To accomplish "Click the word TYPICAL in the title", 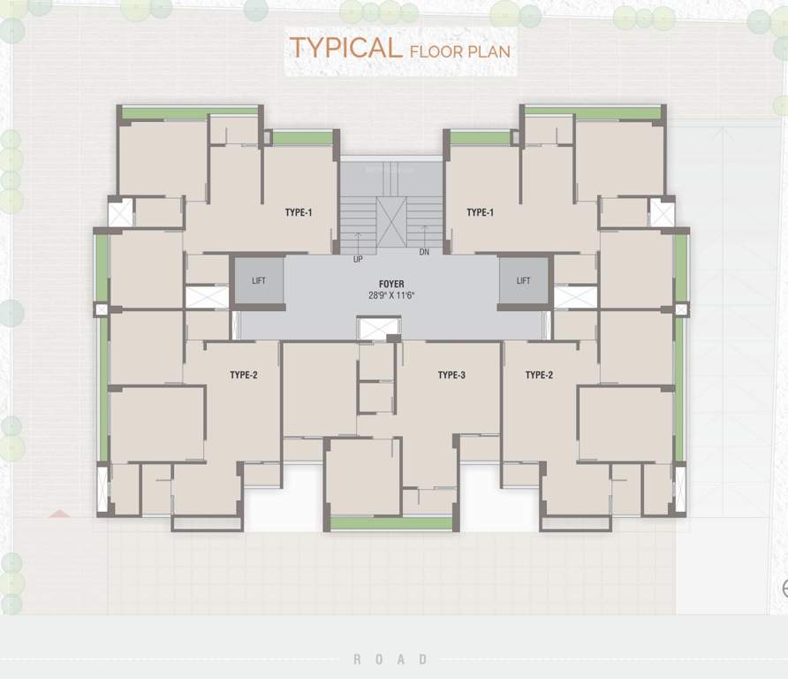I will pos(345,48).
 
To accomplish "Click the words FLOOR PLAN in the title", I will pos(459,51).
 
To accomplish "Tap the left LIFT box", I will pos(258,280).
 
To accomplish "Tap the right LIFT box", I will pos(524,280).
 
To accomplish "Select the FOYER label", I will pos(391,284).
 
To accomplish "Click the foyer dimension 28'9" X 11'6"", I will pos(391,295).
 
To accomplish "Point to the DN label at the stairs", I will pos(424,252).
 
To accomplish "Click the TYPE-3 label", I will pos(451,375).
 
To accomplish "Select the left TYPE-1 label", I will pos(299,212).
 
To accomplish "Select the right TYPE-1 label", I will pos(480,212).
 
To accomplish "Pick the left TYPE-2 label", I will pos(243,375).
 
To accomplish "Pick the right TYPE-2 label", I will pos(539,375).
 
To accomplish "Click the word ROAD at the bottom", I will pos(390,660).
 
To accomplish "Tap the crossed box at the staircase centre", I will pos(390,221).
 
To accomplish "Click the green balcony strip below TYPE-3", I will pos(390,523).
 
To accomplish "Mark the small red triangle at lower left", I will pos(60,513).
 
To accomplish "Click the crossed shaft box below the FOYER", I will pos(378,328).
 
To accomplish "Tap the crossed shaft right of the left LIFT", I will pos(207,296).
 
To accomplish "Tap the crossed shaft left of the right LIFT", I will pos(575,296).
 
